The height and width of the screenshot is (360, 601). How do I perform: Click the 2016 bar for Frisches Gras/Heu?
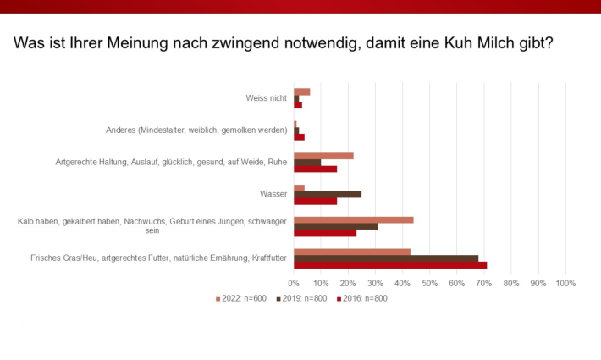[x=390, y=265]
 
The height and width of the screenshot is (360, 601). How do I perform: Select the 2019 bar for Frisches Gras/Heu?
[x=386, y=258]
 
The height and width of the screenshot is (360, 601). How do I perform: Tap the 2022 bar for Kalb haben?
[x=353, y=219]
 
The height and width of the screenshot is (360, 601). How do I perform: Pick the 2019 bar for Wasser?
[x=328, y=194]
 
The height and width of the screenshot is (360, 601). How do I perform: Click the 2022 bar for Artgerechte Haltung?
[x=323, y=156]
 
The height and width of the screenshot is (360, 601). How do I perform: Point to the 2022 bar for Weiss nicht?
[x=301, y=91]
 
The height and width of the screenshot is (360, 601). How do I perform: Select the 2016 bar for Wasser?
[x=315, y=201]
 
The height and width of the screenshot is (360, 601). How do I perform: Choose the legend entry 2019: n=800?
[x=304, y=298]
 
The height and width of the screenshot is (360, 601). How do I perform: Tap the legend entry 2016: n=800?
[x=365, y=298]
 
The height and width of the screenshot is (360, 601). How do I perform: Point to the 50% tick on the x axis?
[x=429, y=283]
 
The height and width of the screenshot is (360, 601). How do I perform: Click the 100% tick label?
[x=565, y=283]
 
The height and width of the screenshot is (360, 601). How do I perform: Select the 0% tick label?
[x=294, y=283]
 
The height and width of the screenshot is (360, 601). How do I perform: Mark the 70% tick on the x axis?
[x=483, y=283]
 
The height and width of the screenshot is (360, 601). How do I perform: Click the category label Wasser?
[x=274, y=194]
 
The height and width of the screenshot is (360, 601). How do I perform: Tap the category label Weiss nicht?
[x=264, y=98]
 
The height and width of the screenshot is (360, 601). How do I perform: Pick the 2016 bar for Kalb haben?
[x=325, y=233]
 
